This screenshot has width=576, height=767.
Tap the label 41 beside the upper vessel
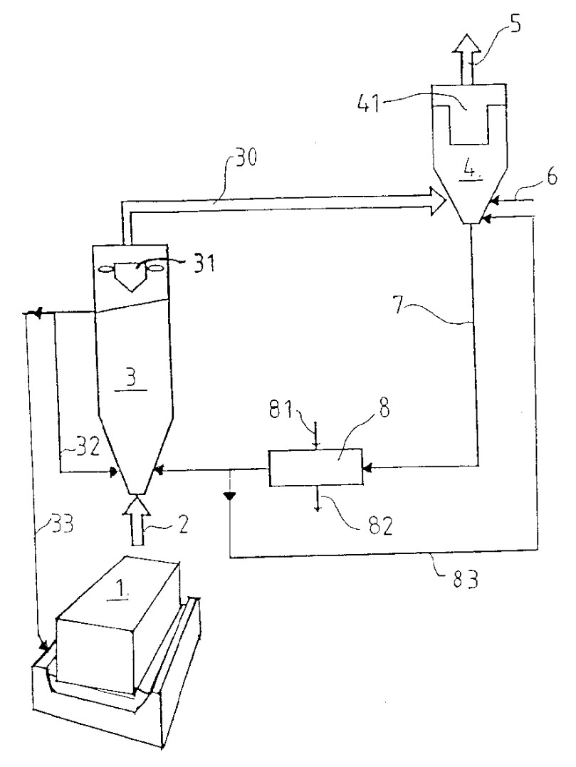(x=370, y=104)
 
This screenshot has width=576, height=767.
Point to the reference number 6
(x=551, y=177)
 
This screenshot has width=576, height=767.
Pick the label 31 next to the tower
(x=204, y=265)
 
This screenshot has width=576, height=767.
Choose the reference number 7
(x=400, y=307)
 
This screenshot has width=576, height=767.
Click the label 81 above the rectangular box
(x=281, y=410)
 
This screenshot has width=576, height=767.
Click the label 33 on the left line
(x=62, y=525)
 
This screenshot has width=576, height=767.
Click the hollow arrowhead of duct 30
(x=436, y=200)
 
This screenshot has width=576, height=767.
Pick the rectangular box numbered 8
(x=316, y=468)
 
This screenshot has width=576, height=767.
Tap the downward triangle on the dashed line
(x=229, y=496)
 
